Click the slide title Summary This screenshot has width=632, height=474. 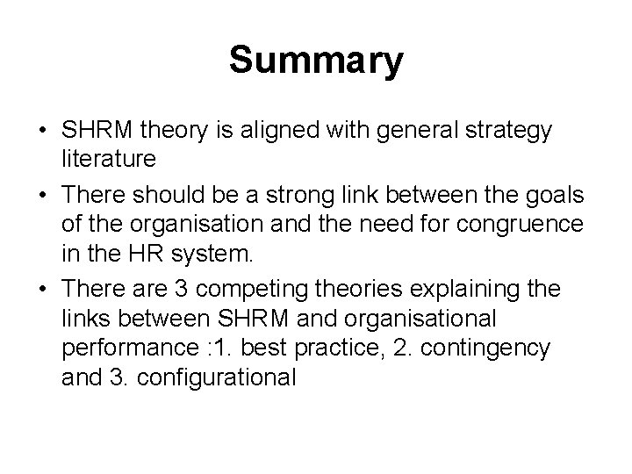coord(316,62)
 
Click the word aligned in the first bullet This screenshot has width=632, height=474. coord(281,131)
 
